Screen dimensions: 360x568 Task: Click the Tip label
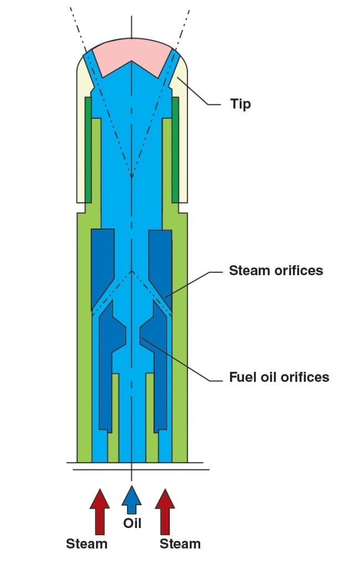tap(241, 104)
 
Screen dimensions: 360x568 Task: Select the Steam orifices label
tap(276, 270)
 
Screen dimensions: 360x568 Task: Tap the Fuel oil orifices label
tap(279, 377)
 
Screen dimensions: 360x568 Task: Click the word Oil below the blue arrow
tap(132, 523)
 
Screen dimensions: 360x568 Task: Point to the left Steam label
tap(87, 544)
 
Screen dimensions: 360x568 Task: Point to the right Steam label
tap(180, 544)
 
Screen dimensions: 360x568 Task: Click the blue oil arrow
tap(131, 500)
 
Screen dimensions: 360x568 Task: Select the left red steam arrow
tap(100, 511)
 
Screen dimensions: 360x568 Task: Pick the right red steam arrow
tap(165, 511)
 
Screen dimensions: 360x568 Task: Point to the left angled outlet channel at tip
tap(92, 69)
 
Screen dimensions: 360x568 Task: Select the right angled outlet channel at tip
tap(171, 69)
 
